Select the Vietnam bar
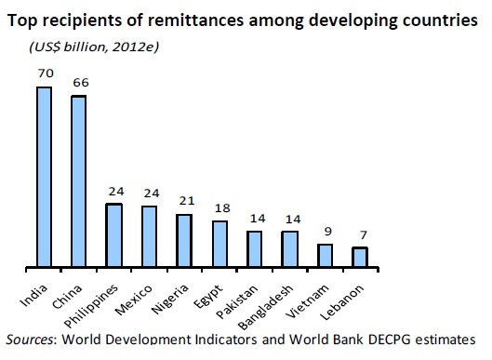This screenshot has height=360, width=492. click(325, 257)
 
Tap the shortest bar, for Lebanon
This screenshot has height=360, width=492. click(359, 259)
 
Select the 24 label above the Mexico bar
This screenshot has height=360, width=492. click(150, 193)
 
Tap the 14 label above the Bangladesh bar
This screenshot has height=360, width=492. click(290, 220)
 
